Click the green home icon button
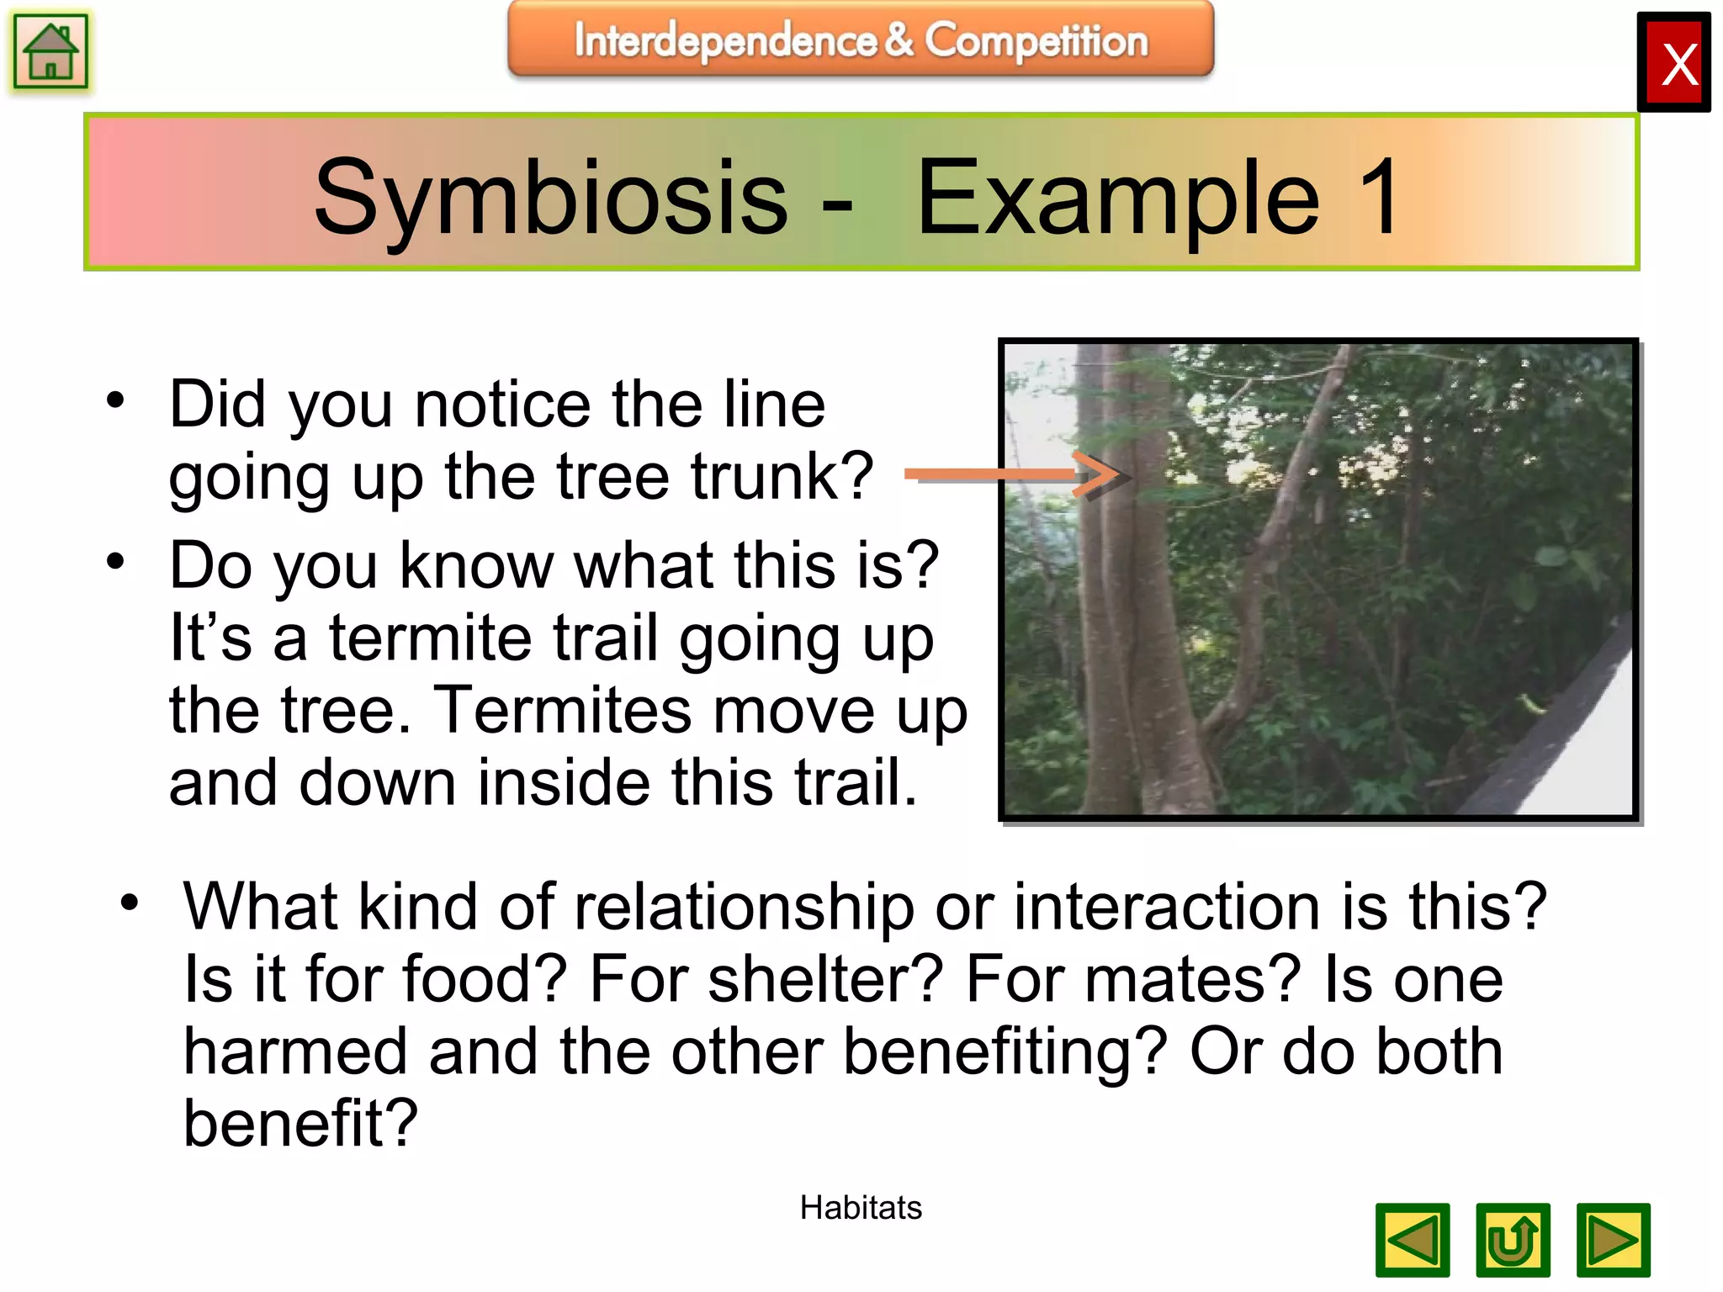(x=50, y=51)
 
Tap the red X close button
(x=1673, y=62)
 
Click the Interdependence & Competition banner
(x=861, y=40)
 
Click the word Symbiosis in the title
(x=550, y=198)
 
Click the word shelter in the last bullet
(x=824, y=979)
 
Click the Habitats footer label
(x=861, y=1208)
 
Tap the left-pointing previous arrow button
(x=1413, y=1240)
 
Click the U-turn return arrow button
(x=1513, y=1240)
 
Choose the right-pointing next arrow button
(x=1613, y=1240)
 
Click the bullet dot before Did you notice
(x=115, y=400)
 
